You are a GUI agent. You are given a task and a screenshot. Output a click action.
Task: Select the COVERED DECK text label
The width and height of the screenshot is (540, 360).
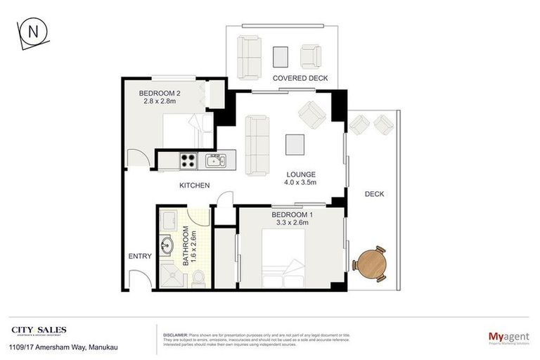[301, 78]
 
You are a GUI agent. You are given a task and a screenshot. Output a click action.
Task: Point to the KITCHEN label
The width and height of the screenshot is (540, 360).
[195, 186]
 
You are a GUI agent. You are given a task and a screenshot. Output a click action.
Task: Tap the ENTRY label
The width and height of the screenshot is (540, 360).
[140, 257]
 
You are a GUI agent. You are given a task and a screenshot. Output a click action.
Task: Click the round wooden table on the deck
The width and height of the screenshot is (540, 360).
[371, 264]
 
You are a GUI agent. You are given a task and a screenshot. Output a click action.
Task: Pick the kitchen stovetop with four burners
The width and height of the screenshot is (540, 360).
[188, 160]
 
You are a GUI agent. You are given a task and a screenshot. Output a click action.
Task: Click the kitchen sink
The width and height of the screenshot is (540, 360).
[214, 161]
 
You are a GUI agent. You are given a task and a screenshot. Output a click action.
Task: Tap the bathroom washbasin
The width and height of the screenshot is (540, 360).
[167, 246]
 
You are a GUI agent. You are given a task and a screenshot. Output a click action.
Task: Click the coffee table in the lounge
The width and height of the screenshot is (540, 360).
[295, 144]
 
